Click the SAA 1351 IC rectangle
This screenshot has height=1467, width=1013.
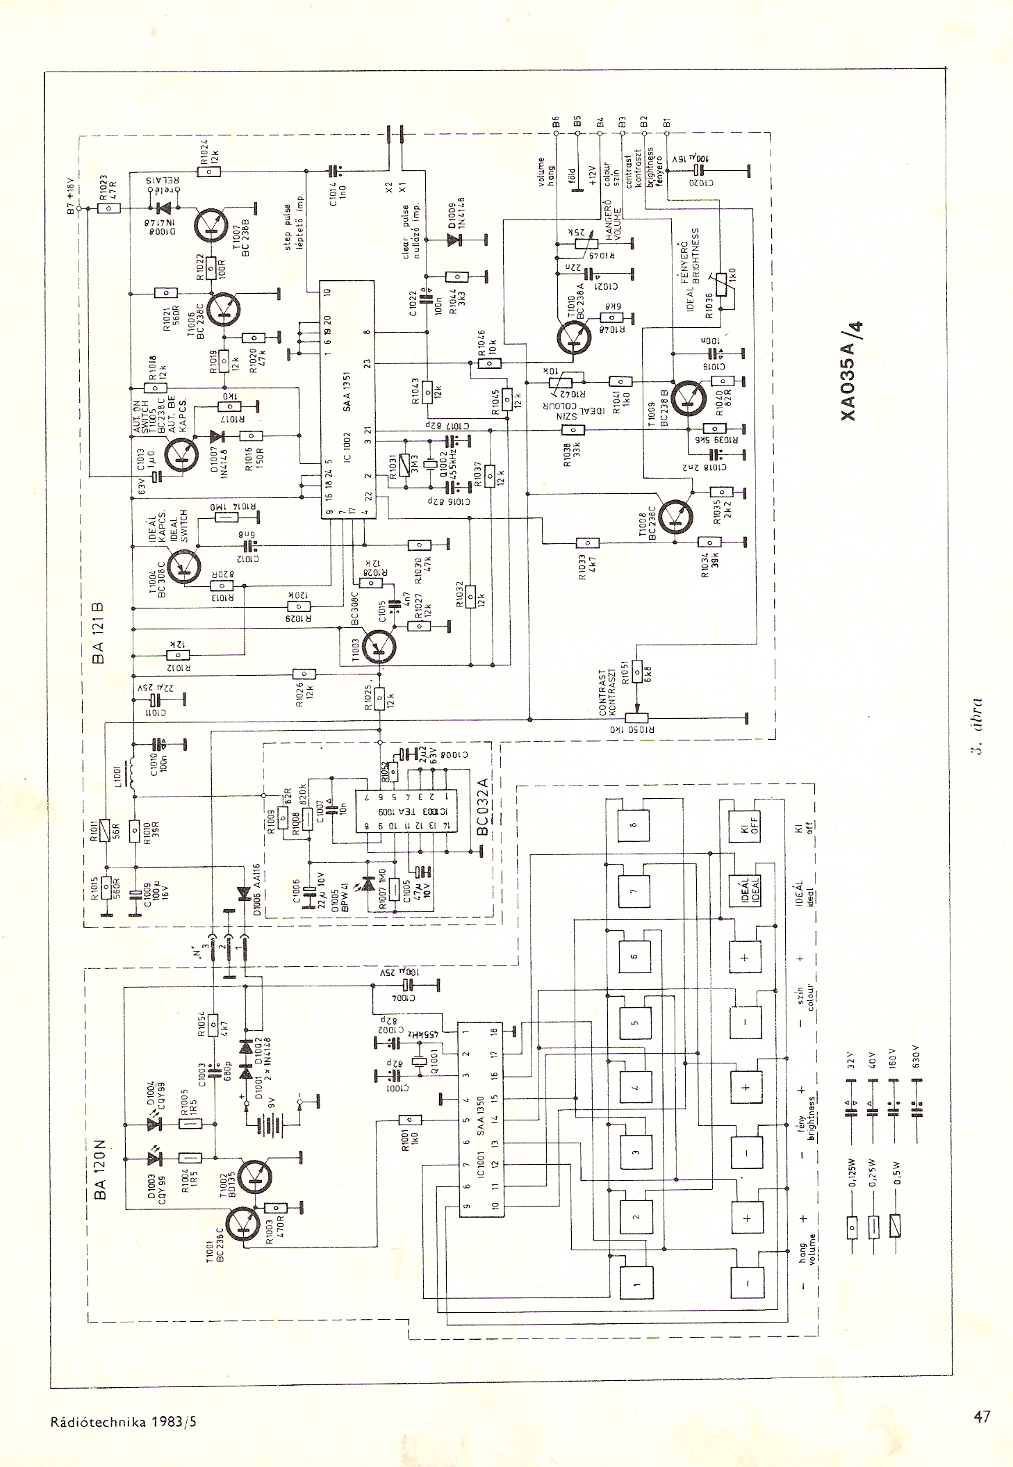[346, 399]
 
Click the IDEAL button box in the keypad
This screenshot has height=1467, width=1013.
[746, 890]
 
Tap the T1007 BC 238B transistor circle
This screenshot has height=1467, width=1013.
[213, 223]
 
